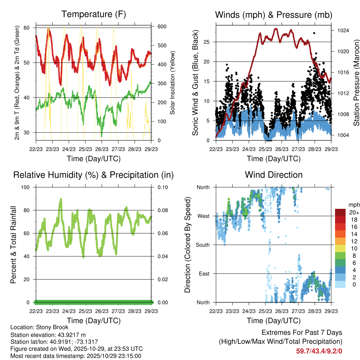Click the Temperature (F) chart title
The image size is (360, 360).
94,14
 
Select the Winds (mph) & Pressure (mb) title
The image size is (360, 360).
274,15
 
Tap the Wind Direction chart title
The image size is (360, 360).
274,175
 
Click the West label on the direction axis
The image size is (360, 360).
204,216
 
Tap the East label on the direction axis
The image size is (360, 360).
204,274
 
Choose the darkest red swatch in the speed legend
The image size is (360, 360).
340,212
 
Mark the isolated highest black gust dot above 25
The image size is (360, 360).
314,33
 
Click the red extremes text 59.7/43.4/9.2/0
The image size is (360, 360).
319,351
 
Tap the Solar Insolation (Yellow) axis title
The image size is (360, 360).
172,83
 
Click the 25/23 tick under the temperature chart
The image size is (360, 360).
85,149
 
